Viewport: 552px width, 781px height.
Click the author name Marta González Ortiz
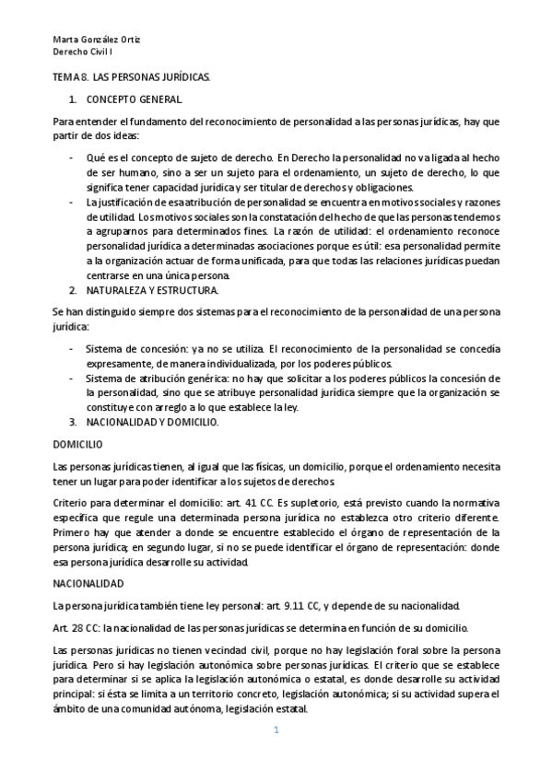click(96, 40)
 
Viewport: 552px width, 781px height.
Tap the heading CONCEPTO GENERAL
click(135, 99)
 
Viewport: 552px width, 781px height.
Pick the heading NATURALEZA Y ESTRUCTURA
click(152, 290)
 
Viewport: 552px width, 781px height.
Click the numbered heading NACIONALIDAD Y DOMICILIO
click(152, 422)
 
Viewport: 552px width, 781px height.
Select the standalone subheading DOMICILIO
click(77, 444)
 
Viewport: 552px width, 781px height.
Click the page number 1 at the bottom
click(275, 730)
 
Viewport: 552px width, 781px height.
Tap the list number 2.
click(73, 290)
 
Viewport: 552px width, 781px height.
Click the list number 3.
click(73, 422)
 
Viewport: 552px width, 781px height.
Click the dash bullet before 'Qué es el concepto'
click(73, 158)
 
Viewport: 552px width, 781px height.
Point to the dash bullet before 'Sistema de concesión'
click(73, 349)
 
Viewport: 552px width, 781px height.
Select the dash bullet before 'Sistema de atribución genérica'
click(73, 379)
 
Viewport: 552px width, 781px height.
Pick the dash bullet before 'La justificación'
click(73, 202)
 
